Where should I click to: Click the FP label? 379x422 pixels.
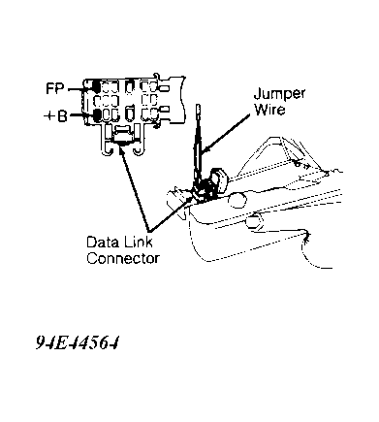click(x=55, y=88)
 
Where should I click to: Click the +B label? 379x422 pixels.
click(x=55, y=115)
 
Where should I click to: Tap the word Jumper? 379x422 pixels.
click(x=279, y=94)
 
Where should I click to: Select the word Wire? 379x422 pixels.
click(x=269, y=110)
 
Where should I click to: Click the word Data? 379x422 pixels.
click(x=104, y=242)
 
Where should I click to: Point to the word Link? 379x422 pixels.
click(x=139, y=242)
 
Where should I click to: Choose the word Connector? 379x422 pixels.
click(x=123, y=258)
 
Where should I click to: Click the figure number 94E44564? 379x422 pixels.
click(x=78, y=342)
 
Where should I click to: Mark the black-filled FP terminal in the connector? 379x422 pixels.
click(x=96, y=86)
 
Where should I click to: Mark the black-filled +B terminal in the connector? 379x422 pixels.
click(x=96, y=114)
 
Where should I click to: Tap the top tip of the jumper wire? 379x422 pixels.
click(x=199, y=106)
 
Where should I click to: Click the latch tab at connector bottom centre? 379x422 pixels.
click(x=122, y=135)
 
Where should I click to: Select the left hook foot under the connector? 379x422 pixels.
click(x=107, y=150)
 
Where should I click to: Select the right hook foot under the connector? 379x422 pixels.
click(x=138, y=150)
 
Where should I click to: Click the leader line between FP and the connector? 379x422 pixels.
click(x=79, y=88)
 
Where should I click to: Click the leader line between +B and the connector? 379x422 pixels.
click(x=81, y=114)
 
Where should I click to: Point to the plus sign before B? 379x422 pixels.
click(x=48, y=115)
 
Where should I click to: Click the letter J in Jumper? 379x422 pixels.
click(x=258, y=93)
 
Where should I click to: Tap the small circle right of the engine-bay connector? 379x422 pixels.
click(x=237, y=201)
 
